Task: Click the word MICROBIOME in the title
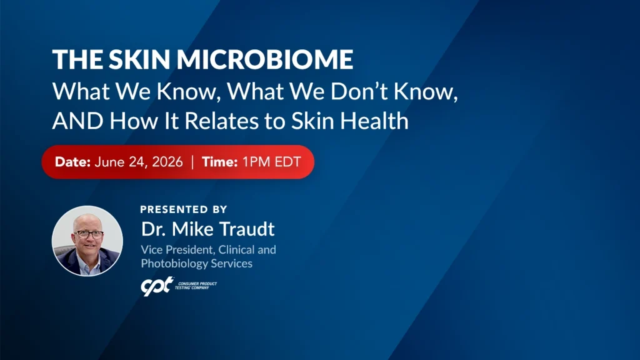pos(265,59)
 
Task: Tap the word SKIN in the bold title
pos(139,59)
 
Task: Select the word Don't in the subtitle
pos(359,91)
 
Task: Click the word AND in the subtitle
pos(77,121)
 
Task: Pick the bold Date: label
pos(72,162)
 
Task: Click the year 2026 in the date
pos(167,162)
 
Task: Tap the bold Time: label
pos(219,162)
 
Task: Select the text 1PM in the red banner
pos(256,162)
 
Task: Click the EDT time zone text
pos(287,162)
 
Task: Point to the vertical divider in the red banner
pos(192,162)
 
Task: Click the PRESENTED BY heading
pos(184,209)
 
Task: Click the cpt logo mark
pos(157,286)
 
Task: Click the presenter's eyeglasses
pos(89,234)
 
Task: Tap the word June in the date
pos(109,162)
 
